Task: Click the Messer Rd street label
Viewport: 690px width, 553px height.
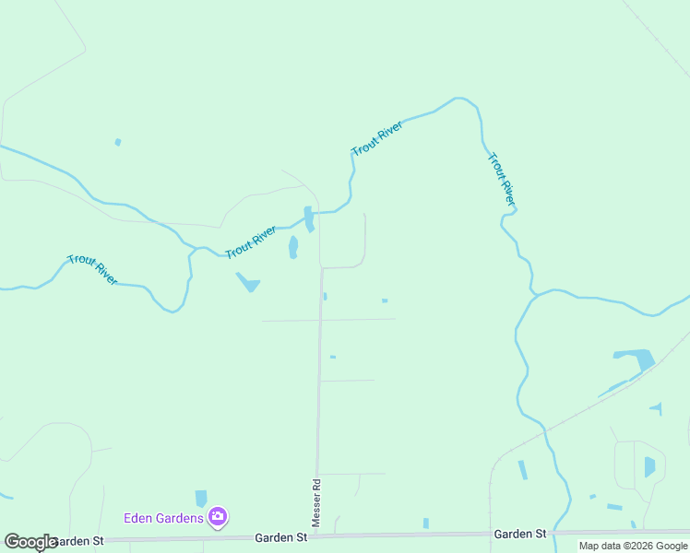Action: (x=315, y=502)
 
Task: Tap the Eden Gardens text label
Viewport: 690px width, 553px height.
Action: (x=163, y=518)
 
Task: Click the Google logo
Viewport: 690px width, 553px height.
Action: (x=30, y=542)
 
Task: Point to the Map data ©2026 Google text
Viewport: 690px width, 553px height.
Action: (x=633, y=547)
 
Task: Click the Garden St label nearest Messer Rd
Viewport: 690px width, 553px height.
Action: (x=280, y=536)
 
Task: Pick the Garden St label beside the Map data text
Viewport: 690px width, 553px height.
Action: (x=520, y=534)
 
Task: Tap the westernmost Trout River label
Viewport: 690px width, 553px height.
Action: (x=92, y=269)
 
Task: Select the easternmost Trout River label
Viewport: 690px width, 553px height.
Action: (x=501, y=179)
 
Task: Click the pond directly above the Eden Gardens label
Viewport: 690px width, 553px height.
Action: (x=201, y=499)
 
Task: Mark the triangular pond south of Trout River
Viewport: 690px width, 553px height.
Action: (x=248, y=282)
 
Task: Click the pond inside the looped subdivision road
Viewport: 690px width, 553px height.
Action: (x=649, y=466)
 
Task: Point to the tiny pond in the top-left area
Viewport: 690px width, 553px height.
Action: (x=117, y=142)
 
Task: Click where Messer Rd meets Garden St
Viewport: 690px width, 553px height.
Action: (x=316, y=535)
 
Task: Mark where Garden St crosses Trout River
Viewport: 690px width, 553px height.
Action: (x=565, y=533)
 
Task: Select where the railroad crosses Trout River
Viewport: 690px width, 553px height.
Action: (x=545, y=429)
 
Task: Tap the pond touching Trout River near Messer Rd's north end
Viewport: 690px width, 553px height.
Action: (x=308, y=218)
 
